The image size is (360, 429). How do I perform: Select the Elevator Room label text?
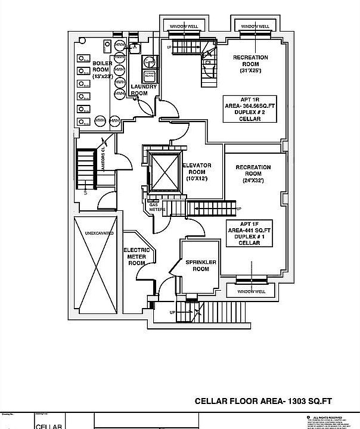point(197,172)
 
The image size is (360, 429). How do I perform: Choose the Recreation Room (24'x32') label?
point(253,173)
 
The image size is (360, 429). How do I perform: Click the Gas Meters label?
point(157,207)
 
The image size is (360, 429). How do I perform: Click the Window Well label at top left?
point(184,27)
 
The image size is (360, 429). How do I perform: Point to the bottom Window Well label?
point(250,291)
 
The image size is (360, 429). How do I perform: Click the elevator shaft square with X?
point(165,172)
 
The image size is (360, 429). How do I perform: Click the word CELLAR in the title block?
point(49,425)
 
